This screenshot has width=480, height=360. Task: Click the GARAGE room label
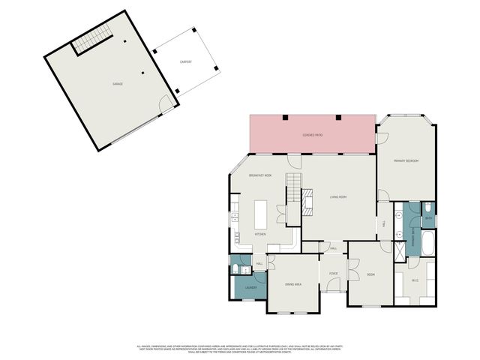[x=118, y=83]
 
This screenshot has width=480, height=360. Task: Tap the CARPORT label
[x=185, y=61]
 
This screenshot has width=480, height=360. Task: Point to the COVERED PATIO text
[x=313, y=134]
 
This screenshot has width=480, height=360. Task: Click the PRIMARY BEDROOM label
[x=406, y=161]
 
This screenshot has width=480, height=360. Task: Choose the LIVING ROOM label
[x=338, y=197]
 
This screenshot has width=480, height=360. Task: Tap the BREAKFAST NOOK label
[x=259, y=175]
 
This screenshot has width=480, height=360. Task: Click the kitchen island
[x=261, y=214]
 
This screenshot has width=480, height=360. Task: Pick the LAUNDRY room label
[x=250, y=287]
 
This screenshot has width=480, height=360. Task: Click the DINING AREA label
[x=292, y=284]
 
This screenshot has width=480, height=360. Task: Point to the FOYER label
[x=334, y=274]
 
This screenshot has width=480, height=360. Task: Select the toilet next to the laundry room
[x=237, y=269]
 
